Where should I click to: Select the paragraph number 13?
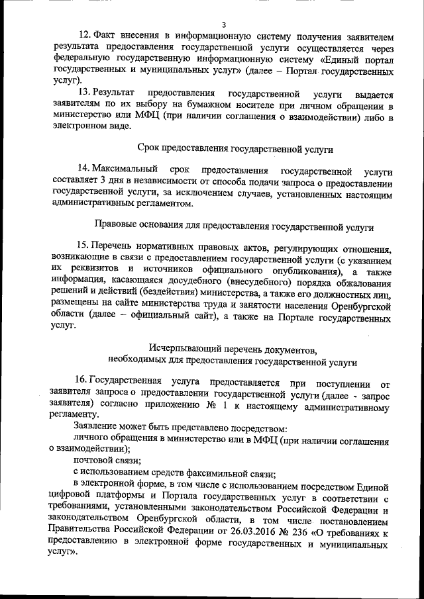tap(85, 94)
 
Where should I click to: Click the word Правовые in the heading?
tap(117, 226)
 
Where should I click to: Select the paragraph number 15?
tap(85, 247)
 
